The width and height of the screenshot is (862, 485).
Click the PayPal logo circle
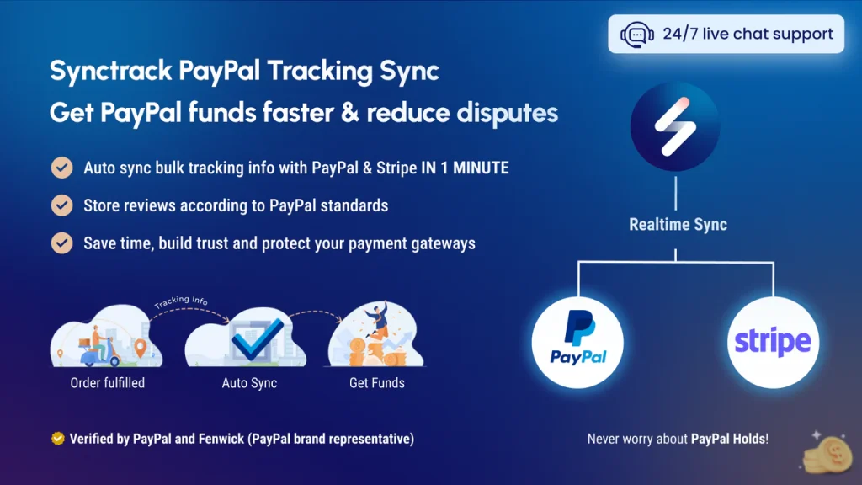[578, 342]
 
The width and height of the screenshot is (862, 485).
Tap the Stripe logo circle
[772, 342]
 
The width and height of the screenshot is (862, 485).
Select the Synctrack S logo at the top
[674, 127]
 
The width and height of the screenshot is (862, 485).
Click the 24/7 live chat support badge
[726, 35]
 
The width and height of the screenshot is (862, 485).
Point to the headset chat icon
[636, 35]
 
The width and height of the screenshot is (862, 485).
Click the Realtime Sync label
[678, 225]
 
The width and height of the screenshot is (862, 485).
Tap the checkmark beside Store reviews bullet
[61, 205]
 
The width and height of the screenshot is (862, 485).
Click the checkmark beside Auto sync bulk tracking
[61, 168]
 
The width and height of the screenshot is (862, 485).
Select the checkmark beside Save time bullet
[61, 242]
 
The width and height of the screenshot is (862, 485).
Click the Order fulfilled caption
[107, 383]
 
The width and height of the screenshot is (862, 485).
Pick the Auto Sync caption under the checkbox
[249, 383]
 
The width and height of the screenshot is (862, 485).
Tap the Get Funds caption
[376, 383]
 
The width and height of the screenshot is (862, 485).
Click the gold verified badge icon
[57, 439]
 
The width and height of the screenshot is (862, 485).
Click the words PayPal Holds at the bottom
[728, 439]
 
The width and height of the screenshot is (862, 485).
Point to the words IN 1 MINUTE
[465, 168]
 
